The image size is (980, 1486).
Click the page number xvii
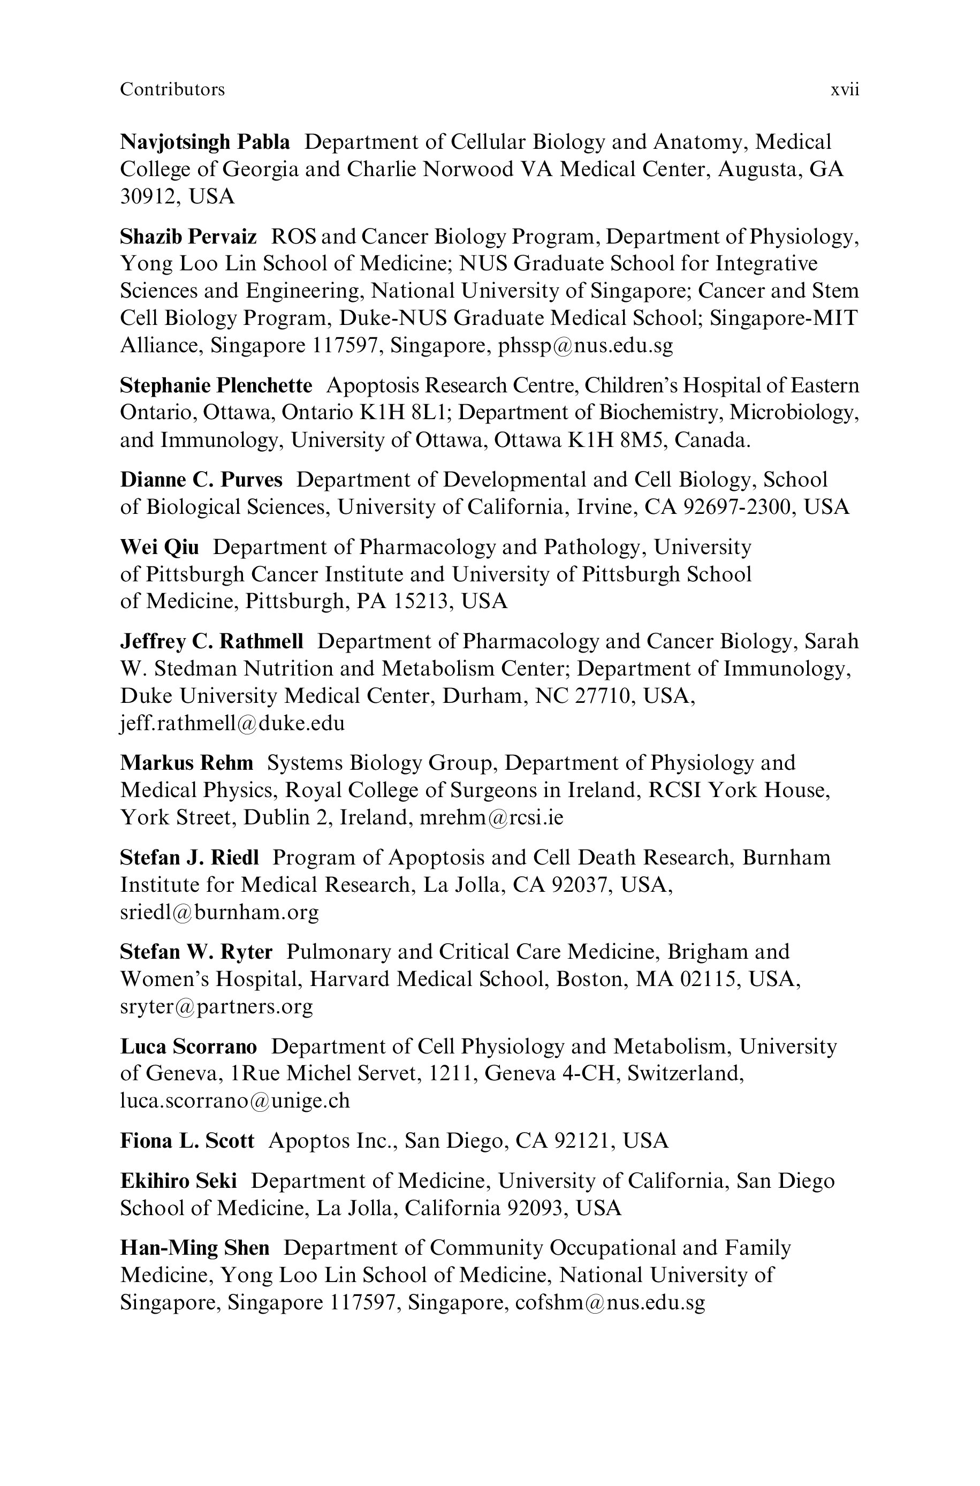[x=845, y=90]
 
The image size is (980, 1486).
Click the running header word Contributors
[x=172, y=90]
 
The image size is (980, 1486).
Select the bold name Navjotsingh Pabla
[x=204, y=142]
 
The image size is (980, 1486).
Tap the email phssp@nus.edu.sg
[x=585, y=346]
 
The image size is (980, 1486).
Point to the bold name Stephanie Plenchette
[x=216, y=385]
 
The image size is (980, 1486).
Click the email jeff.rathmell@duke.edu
[x=232, y=723]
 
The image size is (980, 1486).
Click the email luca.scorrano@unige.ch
[x=234, y=1101]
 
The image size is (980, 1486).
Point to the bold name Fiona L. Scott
[x=187, y=1141]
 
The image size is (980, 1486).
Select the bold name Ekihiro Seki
[x=178, y=1181]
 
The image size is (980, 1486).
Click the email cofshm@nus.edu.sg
[x=610, y=1303]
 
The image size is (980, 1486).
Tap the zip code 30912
[x=146, y=197]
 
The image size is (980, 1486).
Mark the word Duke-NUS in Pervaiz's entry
[x=393, y=318]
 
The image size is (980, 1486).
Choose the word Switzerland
[x=685, y=1074]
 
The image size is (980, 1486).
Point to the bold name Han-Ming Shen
[x=194, y=1248]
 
